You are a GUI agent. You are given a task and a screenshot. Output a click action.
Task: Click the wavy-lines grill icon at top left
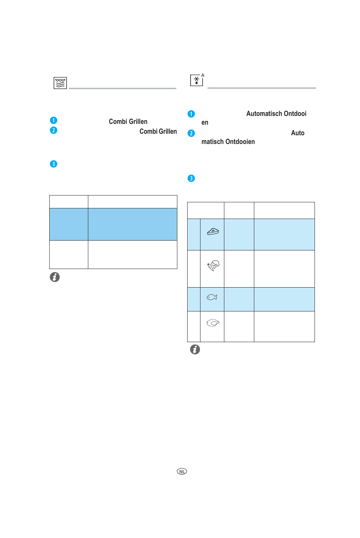[x=60, y=83]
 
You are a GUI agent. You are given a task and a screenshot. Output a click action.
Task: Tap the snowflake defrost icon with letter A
[x=197, y=80]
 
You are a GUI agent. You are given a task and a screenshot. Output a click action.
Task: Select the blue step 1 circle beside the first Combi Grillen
[x=53, y=120]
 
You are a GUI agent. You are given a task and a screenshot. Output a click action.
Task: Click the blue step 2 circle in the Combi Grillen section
[x=53, y=130]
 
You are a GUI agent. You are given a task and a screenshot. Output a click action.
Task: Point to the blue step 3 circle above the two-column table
[x=53, y=164]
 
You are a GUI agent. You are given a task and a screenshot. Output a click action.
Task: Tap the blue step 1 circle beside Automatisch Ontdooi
[x=191, y=114]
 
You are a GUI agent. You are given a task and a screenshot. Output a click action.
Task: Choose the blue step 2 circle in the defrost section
[x=191, y=133]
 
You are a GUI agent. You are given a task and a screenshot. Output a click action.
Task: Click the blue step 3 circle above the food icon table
[x=191, y=178]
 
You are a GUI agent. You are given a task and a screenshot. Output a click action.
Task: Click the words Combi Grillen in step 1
[x=128, y=122]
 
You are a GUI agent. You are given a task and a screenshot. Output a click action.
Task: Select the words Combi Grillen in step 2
[x=158, y=131]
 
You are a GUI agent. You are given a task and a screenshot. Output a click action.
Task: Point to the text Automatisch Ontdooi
[x=276, y=114]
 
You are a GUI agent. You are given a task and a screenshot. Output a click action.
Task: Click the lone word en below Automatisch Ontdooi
[x=205, y=122]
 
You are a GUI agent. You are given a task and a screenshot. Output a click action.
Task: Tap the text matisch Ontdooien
[x=228, y=142]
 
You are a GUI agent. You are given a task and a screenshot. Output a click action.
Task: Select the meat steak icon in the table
[x=213, y=231]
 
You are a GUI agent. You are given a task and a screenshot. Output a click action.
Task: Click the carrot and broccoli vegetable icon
[x=213, y=265]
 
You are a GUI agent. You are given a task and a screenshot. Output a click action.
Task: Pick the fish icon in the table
[x=212, y=297]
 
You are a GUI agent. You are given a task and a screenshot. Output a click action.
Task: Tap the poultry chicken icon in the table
[x=213, y=323]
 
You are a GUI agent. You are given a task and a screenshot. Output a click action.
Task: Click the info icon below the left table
[x=55, y=277]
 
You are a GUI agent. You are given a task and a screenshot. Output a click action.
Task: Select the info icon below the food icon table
[x=195, y=349]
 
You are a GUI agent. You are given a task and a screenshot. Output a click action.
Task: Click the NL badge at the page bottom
[x=182, y=471]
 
